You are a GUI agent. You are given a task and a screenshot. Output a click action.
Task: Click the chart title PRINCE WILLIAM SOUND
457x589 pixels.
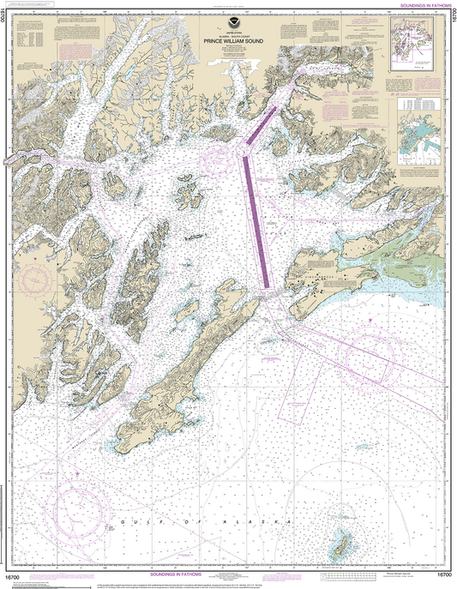(x=227, y=39)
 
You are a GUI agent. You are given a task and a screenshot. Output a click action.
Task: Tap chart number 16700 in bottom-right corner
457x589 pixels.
(x=442, y=577)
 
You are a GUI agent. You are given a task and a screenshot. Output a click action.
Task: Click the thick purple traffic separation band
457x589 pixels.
(x=256, y=214)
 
